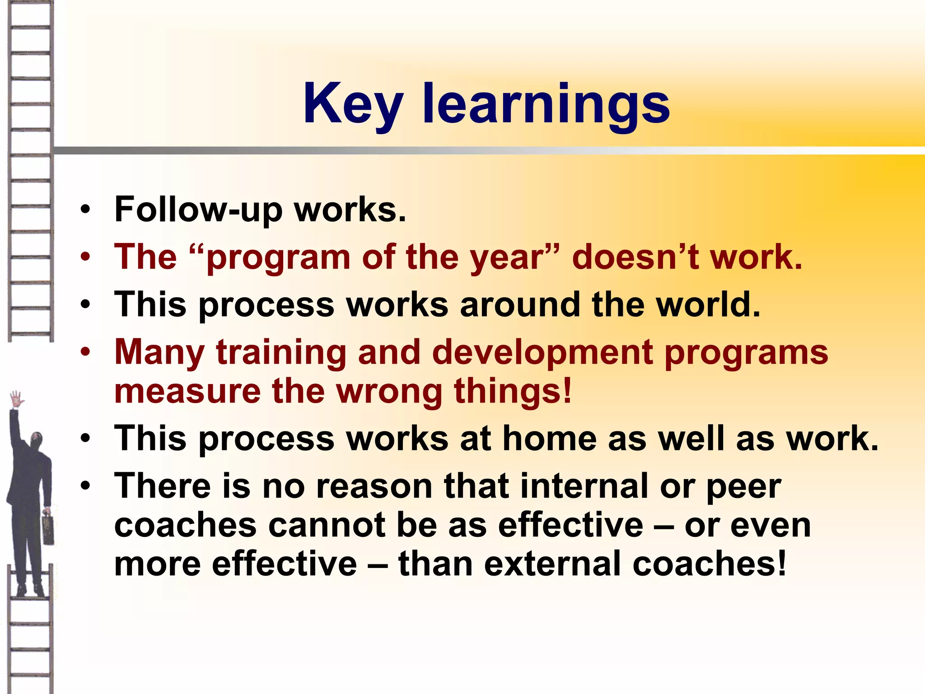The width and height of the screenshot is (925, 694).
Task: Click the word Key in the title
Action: coord(353,105)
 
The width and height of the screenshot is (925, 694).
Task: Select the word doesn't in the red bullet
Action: coord(635,257)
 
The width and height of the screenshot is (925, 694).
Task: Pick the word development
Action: coord(542,353)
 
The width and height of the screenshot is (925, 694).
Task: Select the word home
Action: coord(549,438)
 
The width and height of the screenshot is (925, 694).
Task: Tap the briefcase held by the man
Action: coord(48,529)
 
